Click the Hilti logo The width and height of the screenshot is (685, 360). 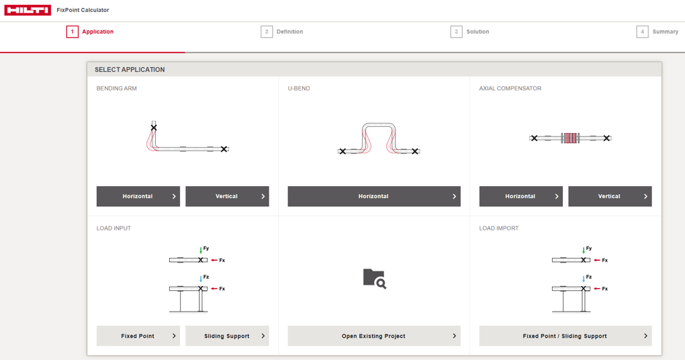28,10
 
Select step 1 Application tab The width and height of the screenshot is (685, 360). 90,32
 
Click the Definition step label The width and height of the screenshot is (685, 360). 289,32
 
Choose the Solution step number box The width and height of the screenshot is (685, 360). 456,32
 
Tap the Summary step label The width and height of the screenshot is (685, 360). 666,32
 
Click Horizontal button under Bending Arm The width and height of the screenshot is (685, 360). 138,196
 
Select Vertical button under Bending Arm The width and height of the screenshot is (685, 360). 227,196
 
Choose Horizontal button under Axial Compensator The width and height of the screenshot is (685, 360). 520,196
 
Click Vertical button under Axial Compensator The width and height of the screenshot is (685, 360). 610,196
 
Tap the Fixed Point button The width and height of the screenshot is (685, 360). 138,336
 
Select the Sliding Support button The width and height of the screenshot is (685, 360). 227,336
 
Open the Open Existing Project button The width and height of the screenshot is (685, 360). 374,336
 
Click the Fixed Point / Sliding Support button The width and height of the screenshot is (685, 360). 565,336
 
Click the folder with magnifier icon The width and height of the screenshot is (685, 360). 374,279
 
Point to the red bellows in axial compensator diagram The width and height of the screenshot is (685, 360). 570,138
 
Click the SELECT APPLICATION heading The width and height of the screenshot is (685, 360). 130,69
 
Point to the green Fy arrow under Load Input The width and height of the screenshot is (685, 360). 201,251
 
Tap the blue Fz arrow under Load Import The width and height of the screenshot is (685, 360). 584,279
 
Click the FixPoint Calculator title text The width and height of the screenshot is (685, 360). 83,10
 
